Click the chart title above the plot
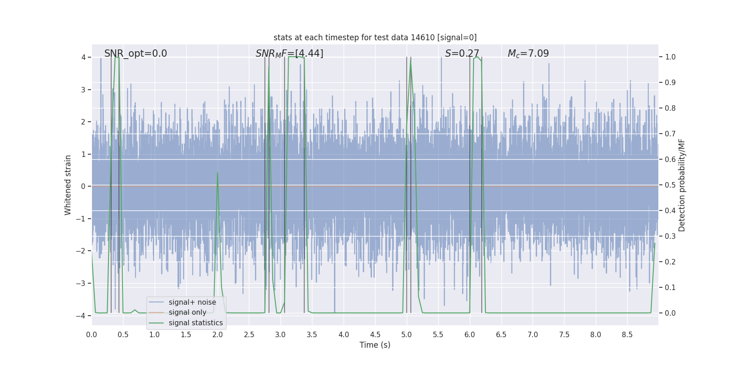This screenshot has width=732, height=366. [x=375, y=38]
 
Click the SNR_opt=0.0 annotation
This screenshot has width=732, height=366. [x=135, y=54]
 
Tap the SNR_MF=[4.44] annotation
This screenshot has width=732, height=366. [x=289, y=54]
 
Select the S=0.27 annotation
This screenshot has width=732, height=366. [x=462, y=54]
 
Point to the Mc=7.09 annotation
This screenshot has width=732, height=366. [x=528, y=54]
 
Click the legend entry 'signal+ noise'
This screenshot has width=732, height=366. [x=192, y=302]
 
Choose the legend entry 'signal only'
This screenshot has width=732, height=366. [x=187, y=312]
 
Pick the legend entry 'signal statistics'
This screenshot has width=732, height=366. [x=195, y=323]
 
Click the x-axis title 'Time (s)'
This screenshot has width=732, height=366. [x=375, y=345]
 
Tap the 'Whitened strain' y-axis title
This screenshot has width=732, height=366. [x=68, y=185]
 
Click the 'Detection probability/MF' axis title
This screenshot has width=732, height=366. [x=682, y=185]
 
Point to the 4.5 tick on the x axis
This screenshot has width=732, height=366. [x=375, y=335]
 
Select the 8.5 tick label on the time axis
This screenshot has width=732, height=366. [x=627, y=335]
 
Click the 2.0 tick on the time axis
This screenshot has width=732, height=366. [x=218, y=335]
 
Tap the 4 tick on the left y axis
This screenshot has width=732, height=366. [x=83, y=57]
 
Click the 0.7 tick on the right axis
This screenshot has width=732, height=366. [x=670, y=134]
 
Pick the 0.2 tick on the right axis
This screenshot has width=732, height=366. [x=670, y=262]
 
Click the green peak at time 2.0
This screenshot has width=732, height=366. [x=217, y=172]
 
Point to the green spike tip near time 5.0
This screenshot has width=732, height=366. [x=411, y=61]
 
